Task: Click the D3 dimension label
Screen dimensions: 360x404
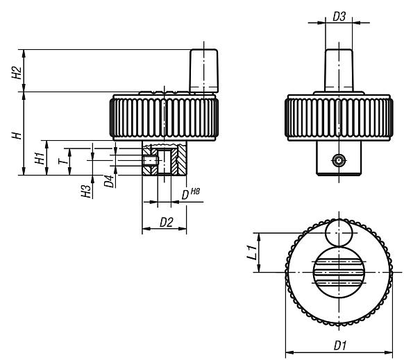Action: point(339,15)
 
